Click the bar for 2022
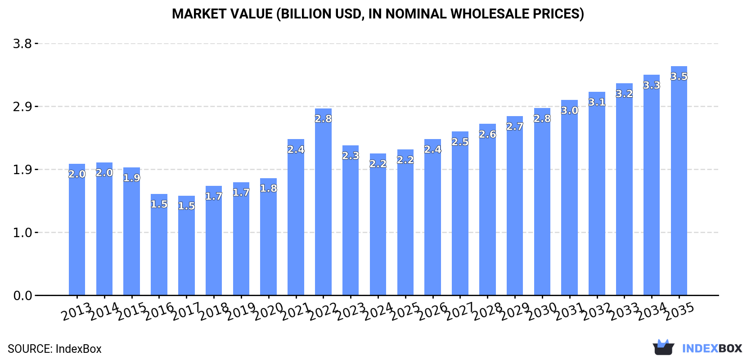[x=323, y=202]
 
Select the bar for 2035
[x=679, y=180]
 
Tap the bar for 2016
[x=159, y=245]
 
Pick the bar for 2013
[x=77, y=229]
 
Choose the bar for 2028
[x=487, y=209]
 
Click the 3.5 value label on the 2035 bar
[x=679, y=76]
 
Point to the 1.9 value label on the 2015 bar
[x=132, y=178]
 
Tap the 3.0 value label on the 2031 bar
[x=569, y=110]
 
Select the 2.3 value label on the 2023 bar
[x=351, y=156]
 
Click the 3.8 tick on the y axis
[x=22, y=44]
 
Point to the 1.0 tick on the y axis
[x=22, y=233]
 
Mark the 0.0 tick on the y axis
[x=22, y=296]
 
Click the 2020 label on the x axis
[x=269, y=311]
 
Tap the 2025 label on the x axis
[x=405, y=311]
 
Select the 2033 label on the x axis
[x=624, y=311]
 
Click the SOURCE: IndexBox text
[x=54, y=349]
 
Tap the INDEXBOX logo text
[x=712, y=348]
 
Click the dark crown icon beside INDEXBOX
[x=663, y=347]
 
